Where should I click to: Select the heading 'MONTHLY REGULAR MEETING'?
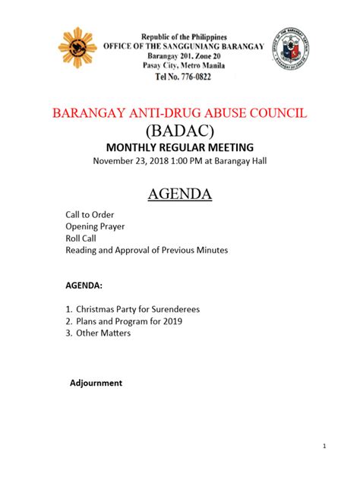coord(179,147)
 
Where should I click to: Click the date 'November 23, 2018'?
coord(131,161)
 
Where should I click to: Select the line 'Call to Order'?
coord(90,215)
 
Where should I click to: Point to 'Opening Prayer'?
coord(95,226)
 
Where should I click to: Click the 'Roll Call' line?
coord(82,238)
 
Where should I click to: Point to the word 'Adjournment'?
coord(96,383)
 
